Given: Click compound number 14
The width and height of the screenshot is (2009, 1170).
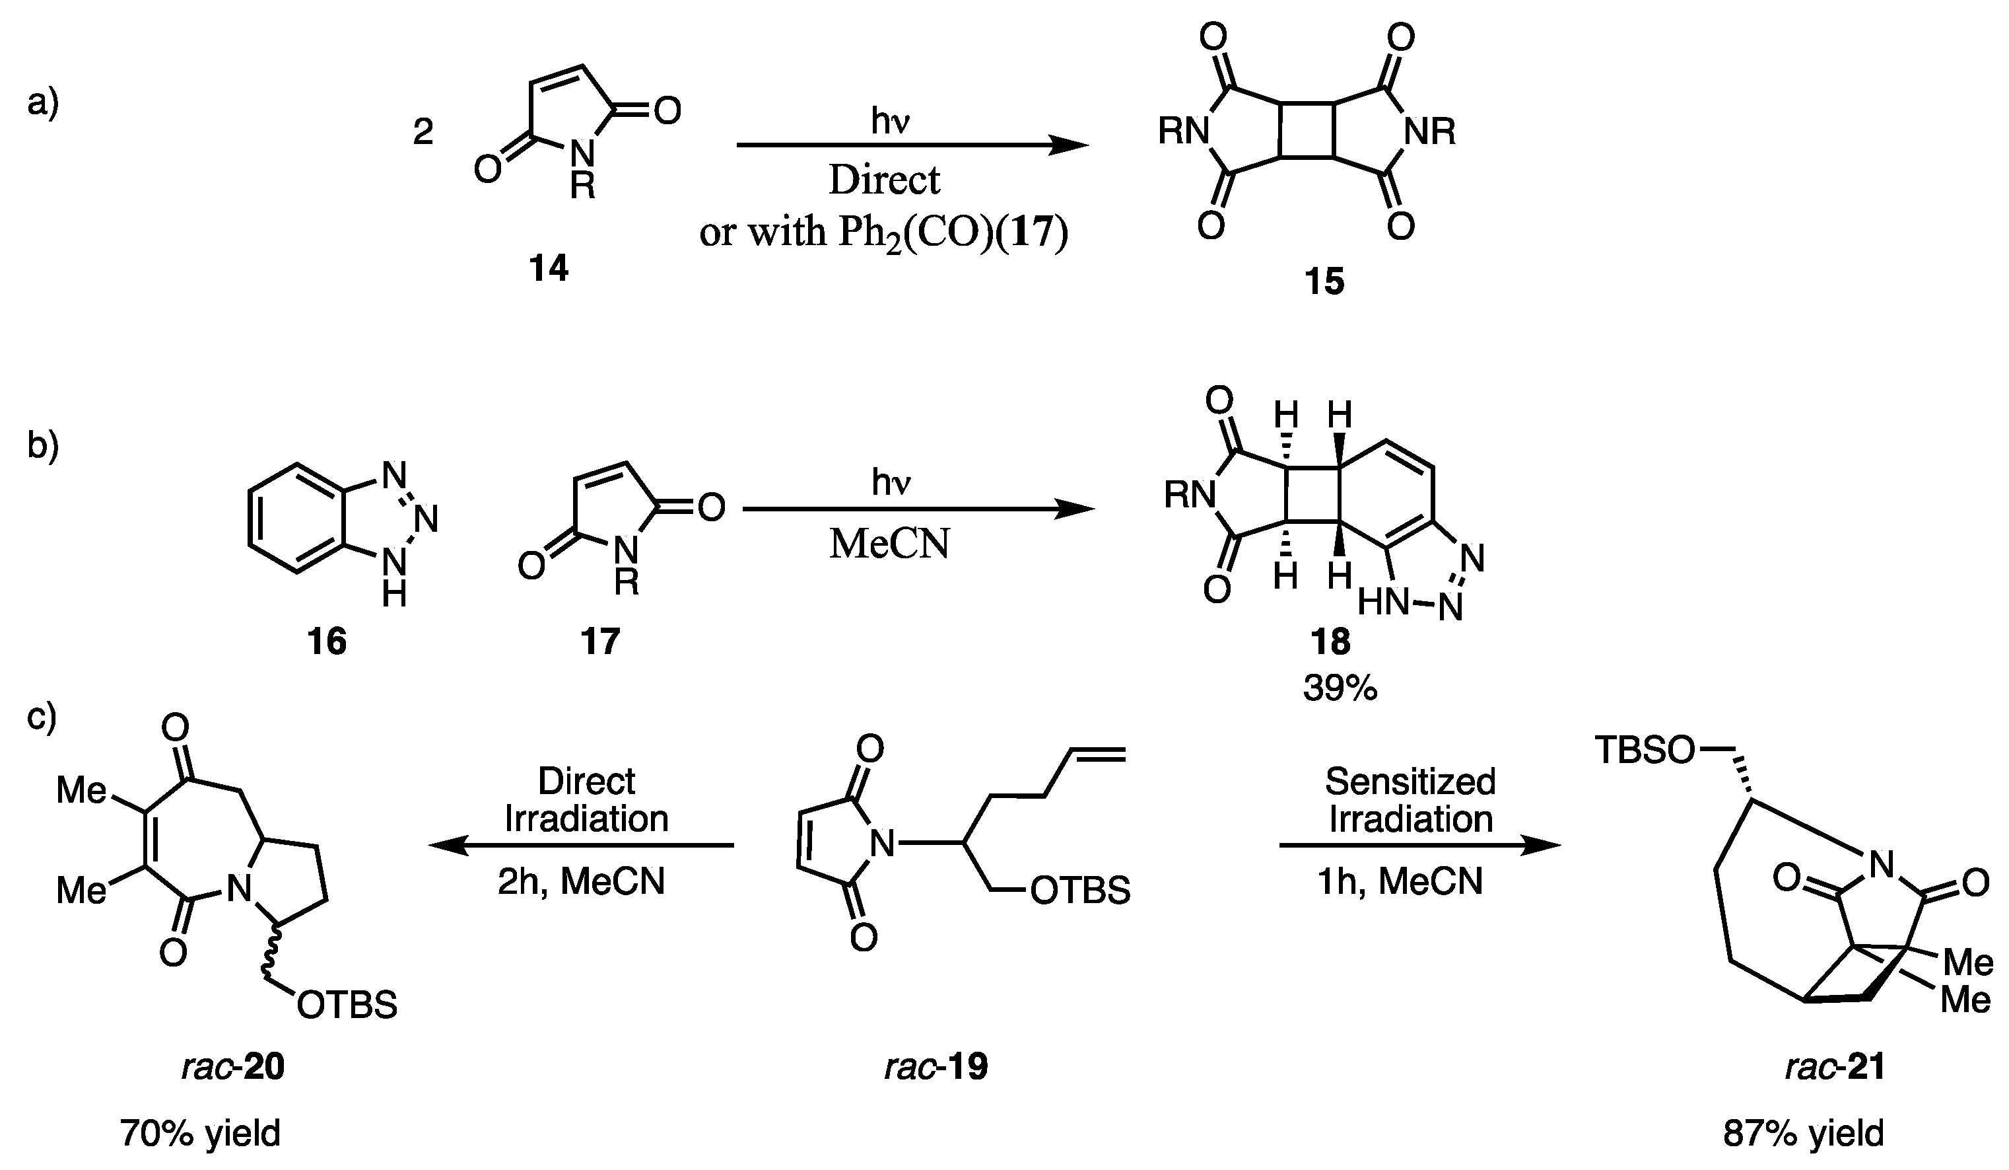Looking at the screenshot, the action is [x=549, y=270].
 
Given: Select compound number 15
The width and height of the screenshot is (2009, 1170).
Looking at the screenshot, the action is [x=1324, y=281].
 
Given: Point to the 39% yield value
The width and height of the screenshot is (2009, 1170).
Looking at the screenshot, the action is [x=1340, y=688].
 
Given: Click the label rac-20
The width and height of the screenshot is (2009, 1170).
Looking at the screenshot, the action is [x=233, y=1066].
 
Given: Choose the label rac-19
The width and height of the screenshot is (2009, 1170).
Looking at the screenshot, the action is [x=936, y=1066].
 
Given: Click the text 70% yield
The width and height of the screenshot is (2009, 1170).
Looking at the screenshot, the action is [x=201, y=1132].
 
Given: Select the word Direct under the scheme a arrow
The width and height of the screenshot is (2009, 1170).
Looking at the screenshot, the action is [x=884, y=180].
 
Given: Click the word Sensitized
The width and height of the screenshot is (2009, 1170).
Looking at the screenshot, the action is [x=1410, y=782].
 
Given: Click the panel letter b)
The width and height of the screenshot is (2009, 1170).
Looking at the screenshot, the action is [x=43, y=444].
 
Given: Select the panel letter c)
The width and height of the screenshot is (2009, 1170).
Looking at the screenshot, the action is [x=42, y=716].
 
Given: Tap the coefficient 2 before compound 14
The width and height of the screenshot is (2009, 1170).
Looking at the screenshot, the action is [x=423, y=131].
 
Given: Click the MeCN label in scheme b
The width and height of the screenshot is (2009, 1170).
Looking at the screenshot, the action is [x=890, y=545].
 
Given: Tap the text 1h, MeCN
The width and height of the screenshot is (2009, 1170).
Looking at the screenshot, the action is [x=1401, y=881].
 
